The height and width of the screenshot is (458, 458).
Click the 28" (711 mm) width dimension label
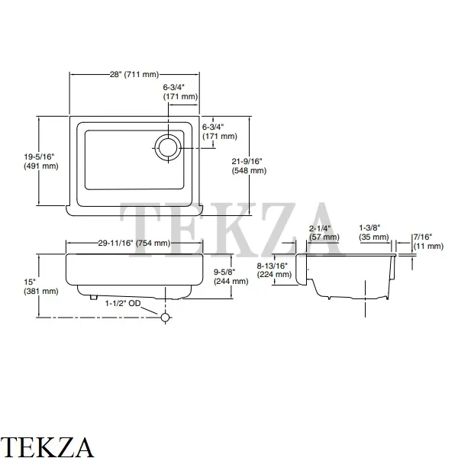coord(134,75)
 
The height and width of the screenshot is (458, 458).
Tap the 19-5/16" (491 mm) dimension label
coord(41,161)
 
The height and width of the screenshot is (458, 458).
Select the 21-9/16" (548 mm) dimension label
coord(249,166)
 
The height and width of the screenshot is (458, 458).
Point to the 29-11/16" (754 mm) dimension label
coord(134,243)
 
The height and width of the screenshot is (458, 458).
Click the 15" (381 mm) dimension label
coord(41,286)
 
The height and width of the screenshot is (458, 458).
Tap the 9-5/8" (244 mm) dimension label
coord(231,276)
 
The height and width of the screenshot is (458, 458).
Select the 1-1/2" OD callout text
coord(123,304)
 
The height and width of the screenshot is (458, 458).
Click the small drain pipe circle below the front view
coord(166,318)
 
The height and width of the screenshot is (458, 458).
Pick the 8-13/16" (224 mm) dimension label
coord(274,270)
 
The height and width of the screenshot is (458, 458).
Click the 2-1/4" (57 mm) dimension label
coord(324,233)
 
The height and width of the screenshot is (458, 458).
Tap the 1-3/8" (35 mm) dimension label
coord(374,233)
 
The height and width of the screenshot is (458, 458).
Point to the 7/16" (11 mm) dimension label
coord(428,241)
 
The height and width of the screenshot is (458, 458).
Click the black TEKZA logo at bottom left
coord(47,447)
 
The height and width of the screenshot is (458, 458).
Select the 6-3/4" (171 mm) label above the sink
coord(180,92)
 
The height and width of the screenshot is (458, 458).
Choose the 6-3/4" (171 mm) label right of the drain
coord(220,131)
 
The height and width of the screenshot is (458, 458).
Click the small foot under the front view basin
coord(93,297)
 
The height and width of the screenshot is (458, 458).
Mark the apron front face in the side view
coord(302,269)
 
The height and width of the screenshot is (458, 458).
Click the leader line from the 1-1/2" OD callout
coord(150,310)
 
